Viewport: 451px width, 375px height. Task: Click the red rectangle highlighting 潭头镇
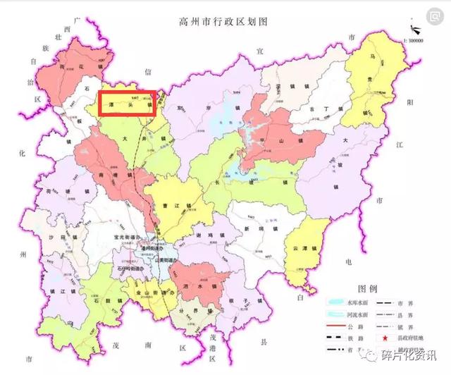pyautogui.click(x=127, y=103)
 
